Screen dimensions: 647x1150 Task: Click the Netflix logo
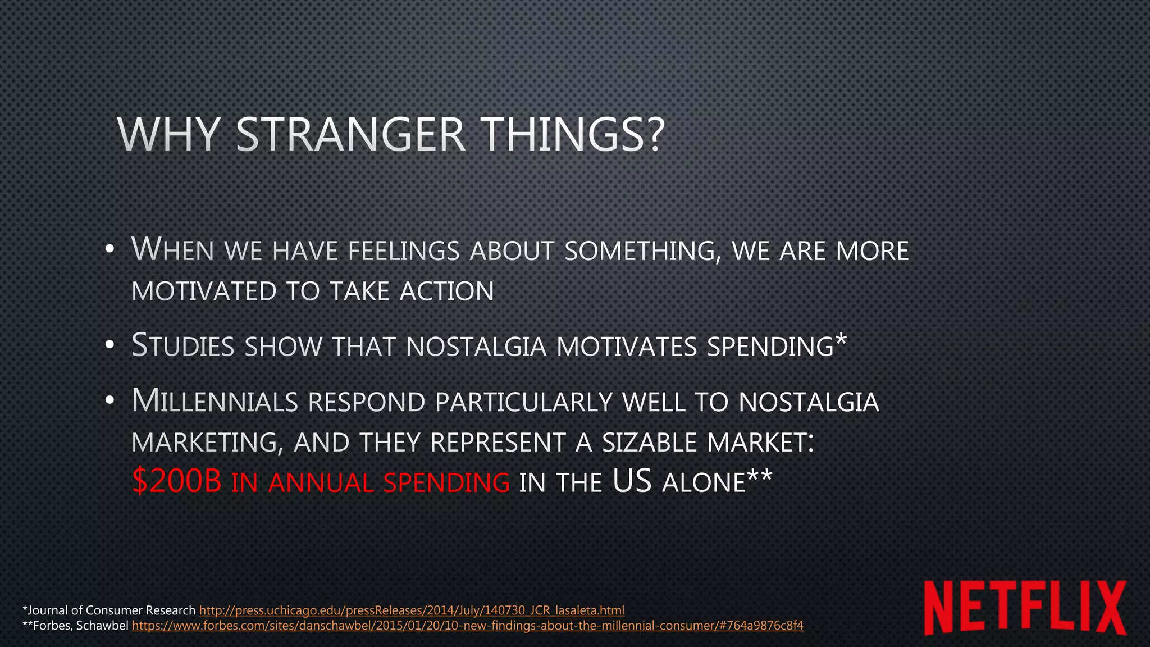pos(1025,608)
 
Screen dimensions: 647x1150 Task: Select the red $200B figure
pos(177,482)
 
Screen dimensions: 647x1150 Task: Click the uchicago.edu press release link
pos(412,610)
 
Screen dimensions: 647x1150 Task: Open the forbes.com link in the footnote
pos(467,626)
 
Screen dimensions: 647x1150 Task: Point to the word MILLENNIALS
pos(215,402)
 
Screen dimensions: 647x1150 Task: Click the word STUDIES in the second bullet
pos(182,345)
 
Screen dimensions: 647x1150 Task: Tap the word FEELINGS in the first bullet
pos(404,251)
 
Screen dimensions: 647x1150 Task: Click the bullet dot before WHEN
pos(109,249)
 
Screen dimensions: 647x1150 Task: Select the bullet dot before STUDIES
pos(109,345)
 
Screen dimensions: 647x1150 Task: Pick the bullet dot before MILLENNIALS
pos(109,401)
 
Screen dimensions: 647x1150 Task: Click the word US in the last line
pos(632,482)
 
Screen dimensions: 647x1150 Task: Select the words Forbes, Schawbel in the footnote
pos(81,626)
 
